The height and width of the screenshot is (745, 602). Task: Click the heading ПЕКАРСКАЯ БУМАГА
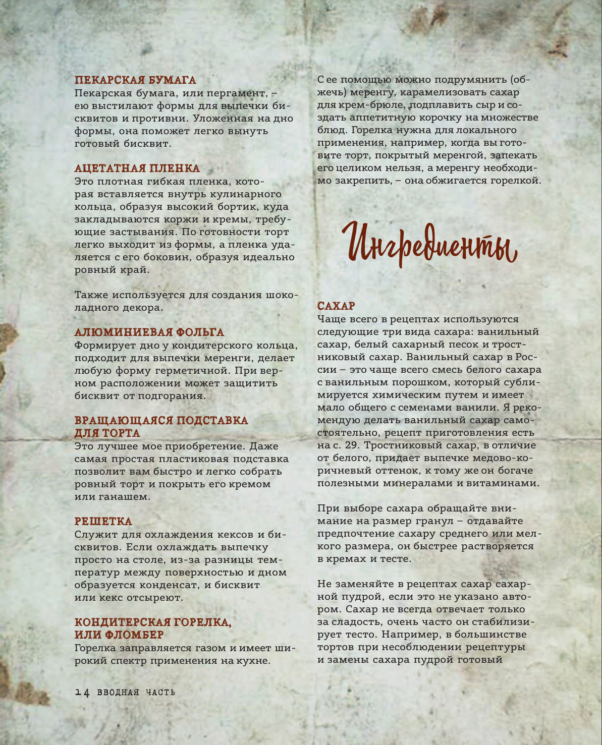[x=135, y=80]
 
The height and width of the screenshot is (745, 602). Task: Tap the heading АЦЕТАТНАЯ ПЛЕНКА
[x=137, y=168]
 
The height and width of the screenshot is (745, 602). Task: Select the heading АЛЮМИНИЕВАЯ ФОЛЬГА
[x=149, y=332]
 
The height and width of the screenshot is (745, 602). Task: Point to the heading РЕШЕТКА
[x=103, y=522]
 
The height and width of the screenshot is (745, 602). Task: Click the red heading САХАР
[x=336, y=306]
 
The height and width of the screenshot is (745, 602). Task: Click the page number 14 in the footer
[x=82, y=693]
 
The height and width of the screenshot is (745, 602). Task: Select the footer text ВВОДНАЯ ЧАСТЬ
[x=136, y=693]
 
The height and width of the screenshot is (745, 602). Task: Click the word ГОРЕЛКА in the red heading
[x=197, y=622]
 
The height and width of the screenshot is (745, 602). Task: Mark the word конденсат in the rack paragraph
[x=172, y=585]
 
